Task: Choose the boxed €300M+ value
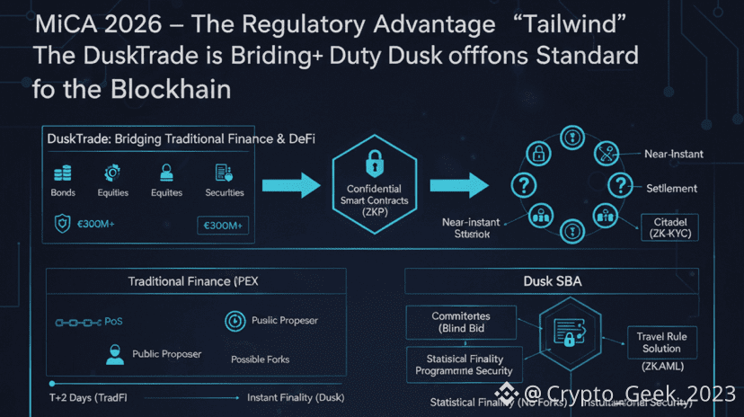pyautogui.click(x=223, y=225)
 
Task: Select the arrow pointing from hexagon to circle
pyautogui.click(x=458, y=186)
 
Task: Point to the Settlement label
pyautogui.click(x=671, y=188)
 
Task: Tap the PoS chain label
pyautogui.click(x=113, y=321)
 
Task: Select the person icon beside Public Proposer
pyautogui.click(x=114, y=353)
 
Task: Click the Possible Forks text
pyautogui.click(x=260, y=359)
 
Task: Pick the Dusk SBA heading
pyautogui.click(x=552, y=281)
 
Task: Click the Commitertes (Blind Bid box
pyautogui.click(x=462, y=322)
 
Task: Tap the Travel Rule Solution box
pyautogui.click(x=661, y=342)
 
